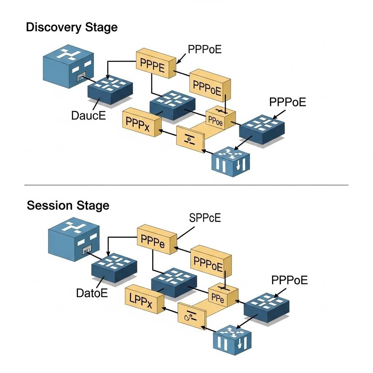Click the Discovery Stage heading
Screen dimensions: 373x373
pyautogui.click(x=72, y=27)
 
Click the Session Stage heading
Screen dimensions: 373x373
pyautogui.click(x=68, y=205)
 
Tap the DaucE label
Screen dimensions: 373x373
pyautogui.click(x=88, y=116)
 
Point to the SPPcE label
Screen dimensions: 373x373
pyautogui.click(x=205, y=218)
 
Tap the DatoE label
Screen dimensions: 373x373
pyautogui.click(x=92, y=293)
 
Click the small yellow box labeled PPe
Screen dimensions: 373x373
pyautogui.click(x=222, y=297)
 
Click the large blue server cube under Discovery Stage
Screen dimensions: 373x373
pyautogui.click(x=67, y=66)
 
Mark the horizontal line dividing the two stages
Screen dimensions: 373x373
pyautogui.click(x=186, y=185)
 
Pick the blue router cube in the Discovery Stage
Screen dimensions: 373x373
pyautogui.click(x=231, y=162)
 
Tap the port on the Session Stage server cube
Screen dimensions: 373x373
pyautogui.click(x=86, y=250)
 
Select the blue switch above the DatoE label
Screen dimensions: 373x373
pyautogui.click(x=114, y=268)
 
